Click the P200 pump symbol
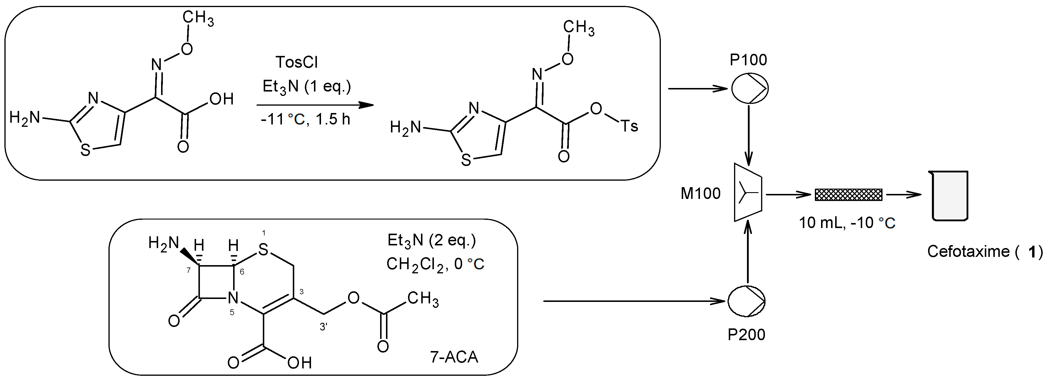747,301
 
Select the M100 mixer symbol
748,192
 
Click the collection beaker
950,195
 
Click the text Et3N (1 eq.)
307,86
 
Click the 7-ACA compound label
454,357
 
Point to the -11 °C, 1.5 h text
305,119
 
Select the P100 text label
748,60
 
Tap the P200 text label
746,335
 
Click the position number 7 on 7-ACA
188,270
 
